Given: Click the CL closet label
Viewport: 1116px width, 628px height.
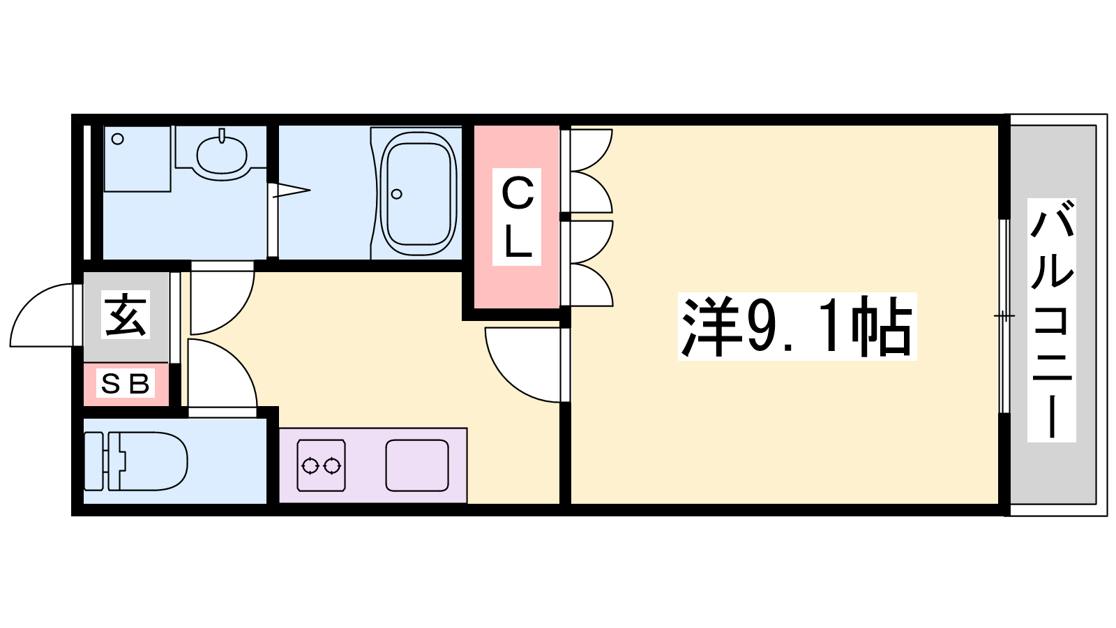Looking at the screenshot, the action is [x=517, y=217].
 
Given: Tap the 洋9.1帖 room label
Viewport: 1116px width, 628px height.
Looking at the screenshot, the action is [x=797, y=327].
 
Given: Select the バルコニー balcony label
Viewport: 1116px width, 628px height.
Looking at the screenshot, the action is [x=1052, y=320].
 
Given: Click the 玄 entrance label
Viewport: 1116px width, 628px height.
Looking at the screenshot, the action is [x=126, y=315].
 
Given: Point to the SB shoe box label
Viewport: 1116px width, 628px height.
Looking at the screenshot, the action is [x=126, y=384].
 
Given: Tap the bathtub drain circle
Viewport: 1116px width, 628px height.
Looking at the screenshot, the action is [x=397, y=194].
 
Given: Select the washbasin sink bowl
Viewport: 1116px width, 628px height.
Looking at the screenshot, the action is [x=222, y=154].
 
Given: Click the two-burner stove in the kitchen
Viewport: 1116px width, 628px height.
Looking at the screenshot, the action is [x=322, y=465].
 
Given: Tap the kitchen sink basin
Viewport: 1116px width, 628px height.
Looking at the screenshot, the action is [x=417, y=465].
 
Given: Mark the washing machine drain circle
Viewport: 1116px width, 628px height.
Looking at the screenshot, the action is [x=118, y=139].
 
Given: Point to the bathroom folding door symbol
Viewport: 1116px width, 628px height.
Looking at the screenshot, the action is [x=292, y=190].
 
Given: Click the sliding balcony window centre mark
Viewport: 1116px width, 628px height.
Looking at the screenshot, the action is [x=1004, y=315].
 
